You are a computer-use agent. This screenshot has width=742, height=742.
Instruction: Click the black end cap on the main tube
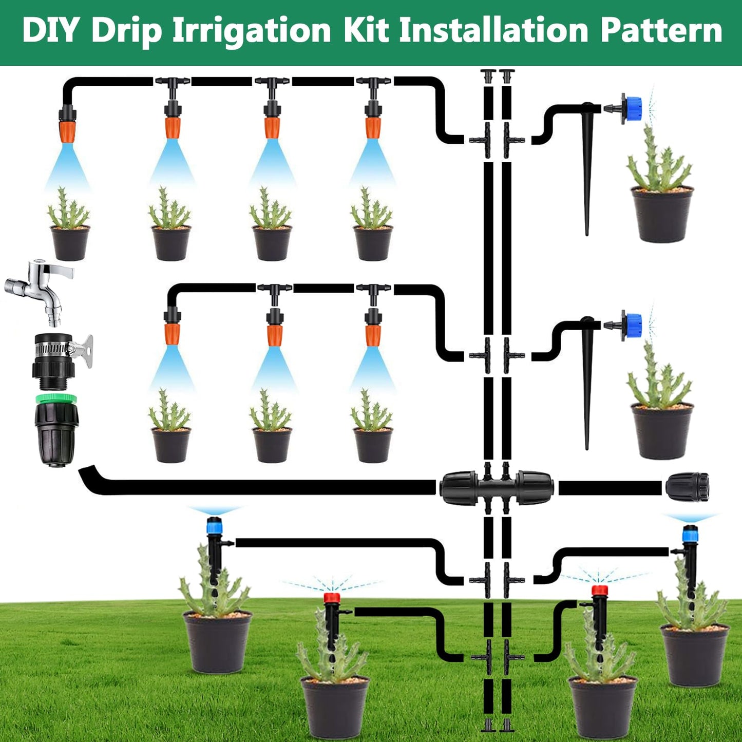(688, 487)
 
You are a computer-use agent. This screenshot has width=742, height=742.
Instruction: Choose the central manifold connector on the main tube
(497, 488)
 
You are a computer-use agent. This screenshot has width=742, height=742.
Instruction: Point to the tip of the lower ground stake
(587, 449)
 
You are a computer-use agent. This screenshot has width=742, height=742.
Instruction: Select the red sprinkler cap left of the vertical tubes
(332, 598)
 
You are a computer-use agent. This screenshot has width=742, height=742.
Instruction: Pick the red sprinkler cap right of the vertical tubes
(600, 590)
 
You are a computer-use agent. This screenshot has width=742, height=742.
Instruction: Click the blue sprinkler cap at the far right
(690, 535)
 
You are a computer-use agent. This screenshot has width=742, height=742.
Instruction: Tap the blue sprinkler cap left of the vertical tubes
(214, 526)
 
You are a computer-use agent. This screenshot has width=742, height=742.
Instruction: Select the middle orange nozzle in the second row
(275, 335)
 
